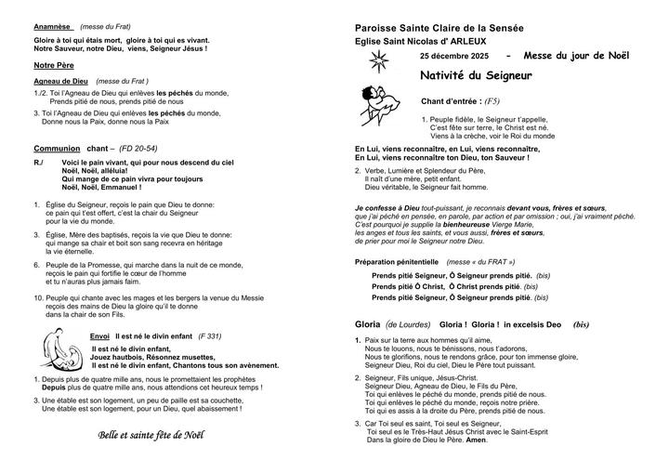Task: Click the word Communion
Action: point(57,148)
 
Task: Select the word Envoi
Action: point(100,335)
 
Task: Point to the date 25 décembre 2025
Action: point(453,58)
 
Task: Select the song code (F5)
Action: point(492,100)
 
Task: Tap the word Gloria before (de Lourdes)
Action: point(368,324)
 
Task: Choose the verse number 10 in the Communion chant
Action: point(38,298)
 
